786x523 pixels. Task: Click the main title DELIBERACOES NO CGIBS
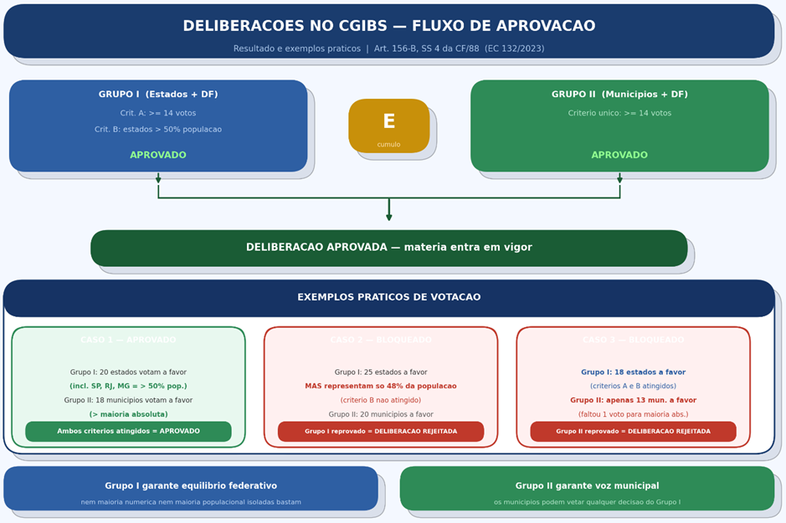[388, 27]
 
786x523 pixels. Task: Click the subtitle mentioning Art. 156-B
[388, 49]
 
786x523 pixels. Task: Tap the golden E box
[388, 126]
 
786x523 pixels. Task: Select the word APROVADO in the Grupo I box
[158, 155]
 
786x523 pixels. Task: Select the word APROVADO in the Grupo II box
[619, 155]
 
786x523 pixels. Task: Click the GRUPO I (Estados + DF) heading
[158, 95]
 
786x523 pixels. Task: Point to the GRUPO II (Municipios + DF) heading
[619, 95]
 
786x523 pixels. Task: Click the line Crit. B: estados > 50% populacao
[158, 130]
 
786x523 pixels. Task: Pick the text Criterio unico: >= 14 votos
[619, 113]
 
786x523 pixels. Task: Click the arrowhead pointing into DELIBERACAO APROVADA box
[389, 218]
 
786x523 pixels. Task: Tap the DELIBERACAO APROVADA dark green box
[388, 248]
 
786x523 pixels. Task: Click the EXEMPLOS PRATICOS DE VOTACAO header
[388, 297]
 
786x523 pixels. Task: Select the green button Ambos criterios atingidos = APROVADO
[128, 431]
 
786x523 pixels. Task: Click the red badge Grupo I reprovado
[381, 431]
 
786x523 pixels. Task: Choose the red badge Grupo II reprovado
[633, 431]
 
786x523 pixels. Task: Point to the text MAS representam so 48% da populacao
[381, 386]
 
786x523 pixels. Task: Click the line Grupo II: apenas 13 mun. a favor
[633, 400]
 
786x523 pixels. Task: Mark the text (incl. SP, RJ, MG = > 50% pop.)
[128, 386]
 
